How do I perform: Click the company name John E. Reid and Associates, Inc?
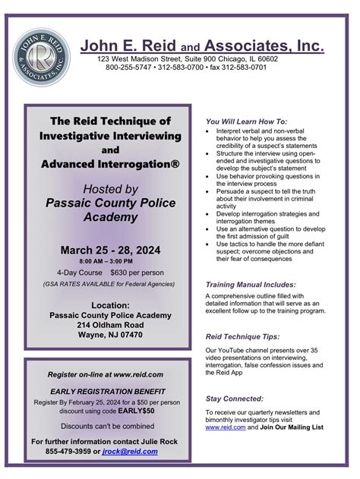[x=203, y=46]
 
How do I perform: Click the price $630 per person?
[x=137, y=272]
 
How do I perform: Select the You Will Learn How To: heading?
[x=246, y=121]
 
